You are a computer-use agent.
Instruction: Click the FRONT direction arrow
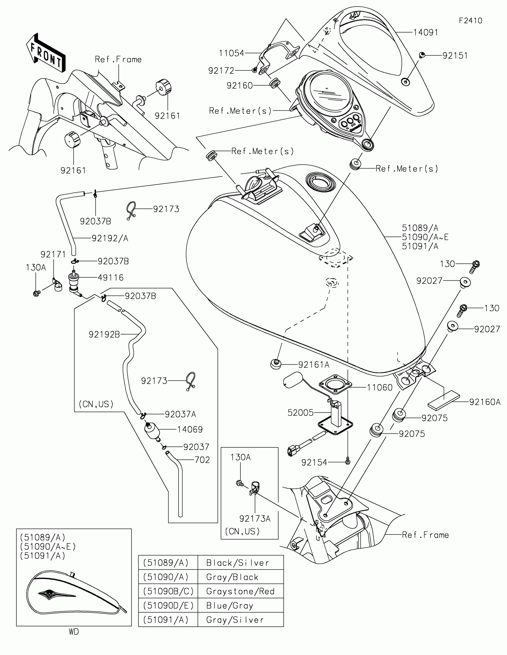(x=46, y=52)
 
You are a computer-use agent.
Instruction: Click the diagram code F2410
(x=470, y=21)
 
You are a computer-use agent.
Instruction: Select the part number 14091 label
(x=426, y=33)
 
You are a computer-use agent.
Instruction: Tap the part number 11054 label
(x=231, y=53)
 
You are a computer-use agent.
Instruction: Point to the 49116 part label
(x=111, y=277)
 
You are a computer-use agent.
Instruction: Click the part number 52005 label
(x=300, y=413)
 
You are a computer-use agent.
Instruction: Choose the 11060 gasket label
(x=380, y=387)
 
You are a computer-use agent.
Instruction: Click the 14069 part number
(x=190, y=430)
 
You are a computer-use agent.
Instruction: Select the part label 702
(x=202, y=460)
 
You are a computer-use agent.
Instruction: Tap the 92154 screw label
(x=314, y=462)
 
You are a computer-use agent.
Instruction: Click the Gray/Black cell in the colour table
(x=241, y=577)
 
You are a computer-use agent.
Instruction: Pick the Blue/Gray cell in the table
(x=241, y=605)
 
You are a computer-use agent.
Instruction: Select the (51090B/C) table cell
(x=168, y=591)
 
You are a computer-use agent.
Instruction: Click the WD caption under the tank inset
(x=74, y=632)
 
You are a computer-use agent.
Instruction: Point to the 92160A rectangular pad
(x=443, y=400)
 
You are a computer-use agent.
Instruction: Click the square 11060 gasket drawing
(x=335, y=384)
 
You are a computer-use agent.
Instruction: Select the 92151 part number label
(x=455, y=55)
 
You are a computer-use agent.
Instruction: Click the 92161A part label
(x=314, y=365)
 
